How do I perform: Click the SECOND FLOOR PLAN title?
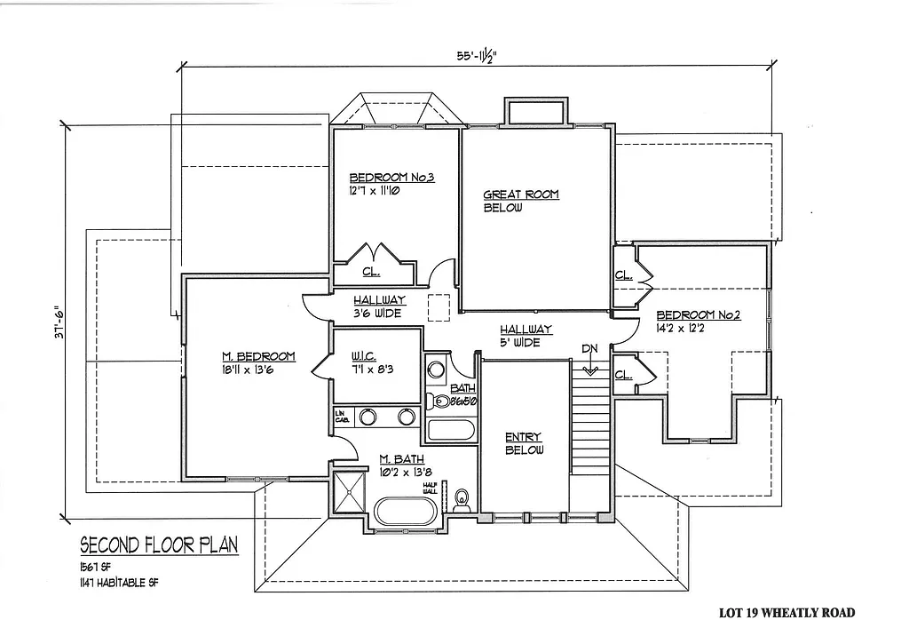159,544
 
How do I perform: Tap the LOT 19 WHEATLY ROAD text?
786,612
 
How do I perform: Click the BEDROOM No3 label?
391,177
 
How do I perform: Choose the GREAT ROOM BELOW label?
521,201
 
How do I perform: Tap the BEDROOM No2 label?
699,322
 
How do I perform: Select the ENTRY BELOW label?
524,443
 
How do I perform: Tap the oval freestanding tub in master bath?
406,513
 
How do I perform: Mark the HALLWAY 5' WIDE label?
526,335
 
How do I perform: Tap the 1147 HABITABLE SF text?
121,583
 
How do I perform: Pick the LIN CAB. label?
340,416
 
